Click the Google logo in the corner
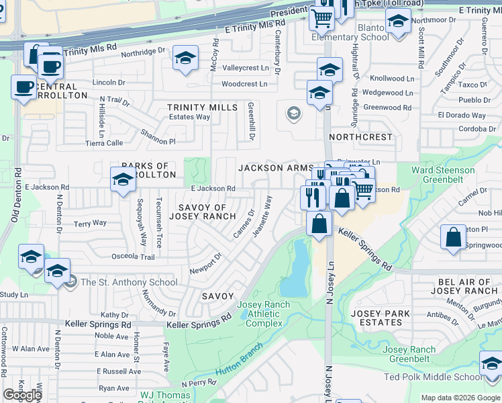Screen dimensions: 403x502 [x=23, y=395]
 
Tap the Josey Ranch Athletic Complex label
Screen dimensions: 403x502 [x=264, y=314]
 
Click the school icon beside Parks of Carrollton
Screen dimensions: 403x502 [x=123, y=179]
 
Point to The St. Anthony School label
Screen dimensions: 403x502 [x=129, y=282]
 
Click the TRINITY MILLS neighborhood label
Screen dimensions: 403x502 [x=202, y=107]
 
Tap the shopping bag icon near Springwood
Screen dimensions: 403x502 [x=454, y=237]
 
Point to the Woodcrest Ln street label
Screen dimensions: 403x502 [x=244, y=85]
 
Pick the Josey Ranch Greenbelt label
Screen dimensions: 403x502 [x=409, y=354]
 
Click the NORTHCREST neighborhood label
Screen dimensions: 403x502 [x=361, y=136]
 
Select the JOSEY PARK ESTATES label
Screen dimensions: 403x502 [x=381, y=318]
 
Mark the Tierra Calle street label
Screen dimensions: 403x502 [x=104, y=143]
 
